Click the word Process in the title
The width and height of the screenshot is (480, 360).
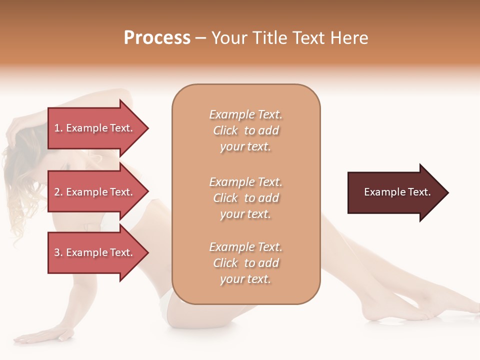click(x=157, y=37)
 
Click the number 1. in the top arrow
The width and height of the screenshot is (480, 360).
click(x=58, y=128)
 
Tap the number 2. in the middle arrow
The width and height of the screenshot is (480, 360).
click(x=58, y=192)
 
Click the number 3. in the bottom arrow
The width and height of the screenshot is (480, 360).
click(x=58, y=252)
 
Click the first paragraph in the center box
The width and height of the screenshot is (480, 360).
click(x=245, y=130)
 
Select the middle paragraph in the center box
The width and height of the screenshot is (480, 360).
click(x=245, y=198)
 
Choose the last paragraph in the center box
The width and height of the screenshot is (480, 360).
click(x=245, y=263)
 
